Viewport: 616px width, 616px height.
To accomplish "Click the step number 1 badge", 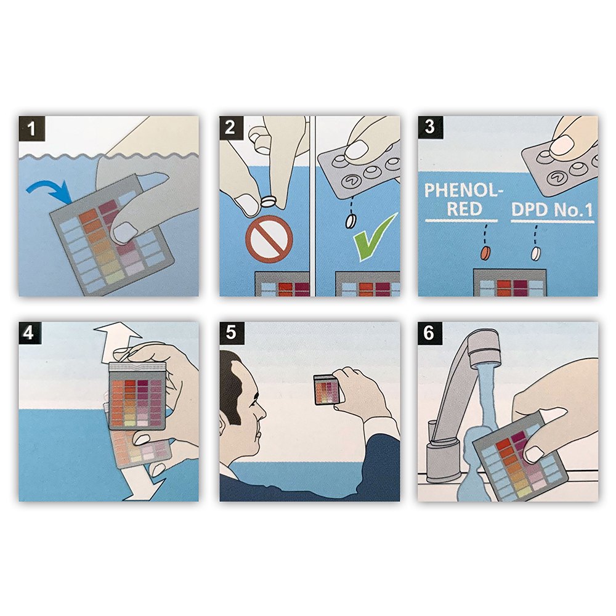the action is pyautogui.click(x=32, y=129).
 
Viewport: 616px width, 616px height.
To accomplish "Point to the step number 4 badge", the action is pyautogui.click(x=30, y=333).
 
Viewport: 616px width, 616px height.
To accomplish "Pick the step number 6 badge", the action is pyautogui.click(x=430, y=333).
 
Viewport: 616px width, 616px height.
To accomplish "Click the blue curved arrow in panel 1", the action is pyautogui.click(x=49, y=189).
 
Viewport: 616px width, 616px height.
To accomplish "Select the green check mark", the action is pyautogui.click(x=374, y=238).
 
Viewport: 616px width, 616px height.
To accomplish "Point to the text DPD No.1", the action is pyautogui.click(x=552, y=211).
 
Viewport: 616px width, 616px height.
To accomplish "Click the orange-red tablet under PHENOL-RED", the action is pyautogui.click(x=487, y=252).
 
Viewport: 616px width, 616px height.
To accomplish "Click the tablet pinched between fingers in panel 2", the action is pyautogui.click(x=269, y=201).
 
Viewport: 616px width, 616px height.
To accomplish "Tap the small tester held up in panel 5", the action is pyautogui.click(x=326, y=389).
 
